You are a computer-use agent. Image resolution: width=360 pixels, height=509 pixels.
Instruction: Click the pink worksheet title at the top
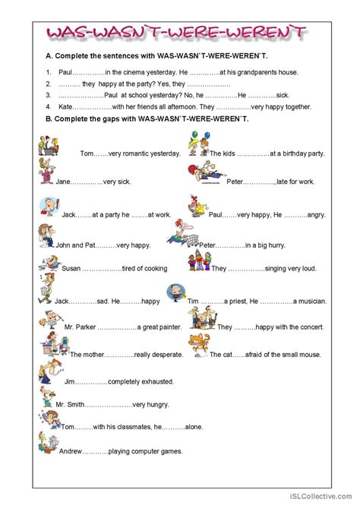tap(178, 33)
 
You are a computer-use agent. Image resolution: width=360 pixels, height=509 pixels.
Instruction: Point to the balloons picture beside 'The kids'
tap(196, 144)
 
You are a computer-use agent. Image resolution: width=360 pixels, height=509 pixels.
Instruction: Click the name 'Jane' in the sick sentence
tap(64, 182)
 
